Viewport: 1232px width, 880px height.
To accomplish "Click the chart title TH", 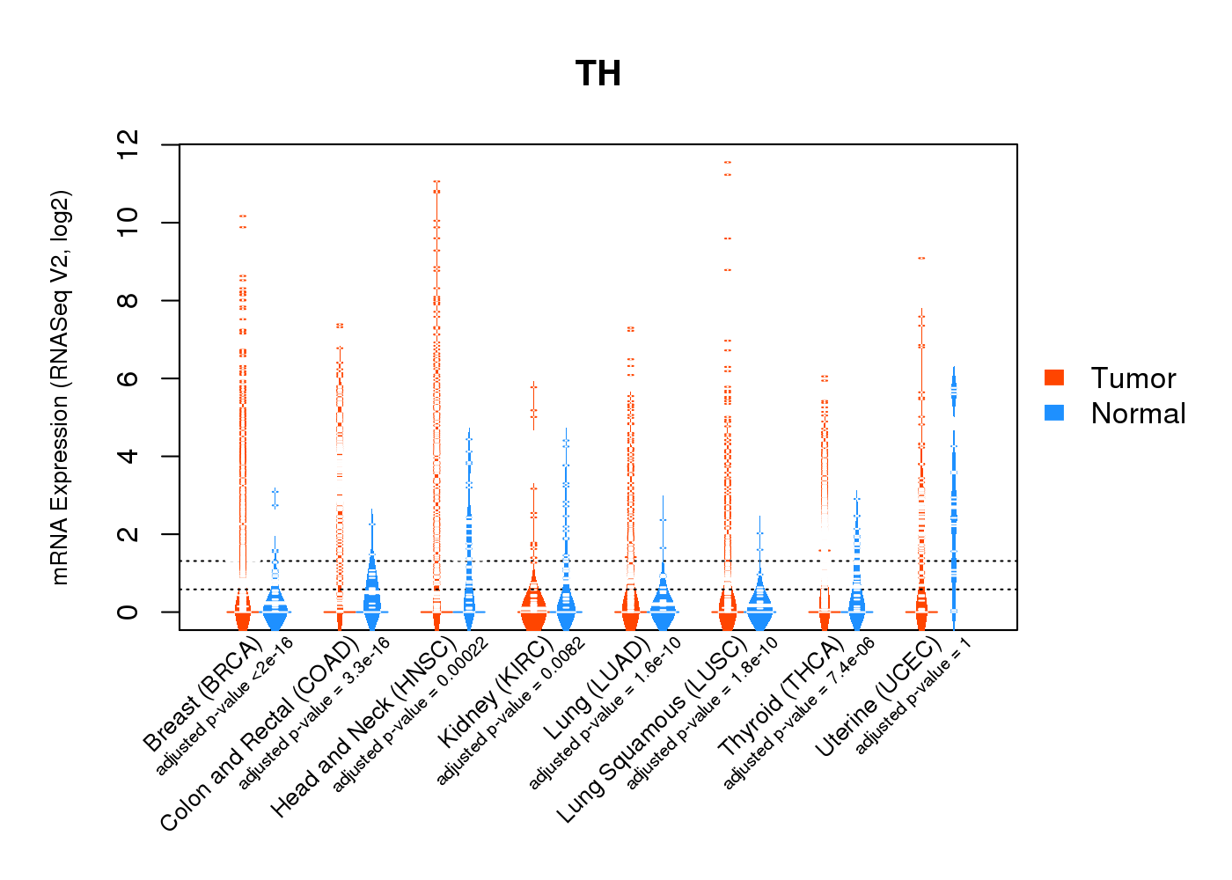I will pos(598,74).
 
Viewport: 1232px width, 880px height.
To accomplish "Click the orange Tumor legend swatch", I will pos(1054,378).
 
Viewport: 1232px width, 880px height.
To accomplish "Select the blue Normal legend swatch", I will pos(1054,413).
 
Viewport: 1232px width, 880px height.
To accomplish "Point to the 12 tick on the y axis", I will pos(128,144).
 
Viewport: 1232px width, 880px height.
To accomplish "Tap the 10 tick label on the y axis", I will pos(128,223).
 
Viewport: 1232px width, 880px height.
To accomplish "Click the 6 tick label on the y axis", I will pos(128,378).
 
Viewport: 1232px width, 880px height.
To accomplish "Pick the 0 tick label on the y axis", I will pos(128,612).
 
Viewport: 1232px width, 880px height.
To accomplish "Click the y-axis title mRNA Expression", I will pos(60,387).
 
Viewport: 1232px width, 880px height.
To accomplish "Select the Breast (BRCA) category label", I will pos(203,695).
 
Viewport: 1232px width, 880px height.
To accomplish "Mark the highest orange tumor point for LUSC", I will pos(728,162).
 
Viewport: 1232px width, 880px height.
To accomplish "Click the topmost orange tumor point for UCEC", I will pos(921,258).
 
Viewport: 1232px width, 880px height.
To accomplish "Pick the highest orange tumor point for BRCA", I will pos(243,216).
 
